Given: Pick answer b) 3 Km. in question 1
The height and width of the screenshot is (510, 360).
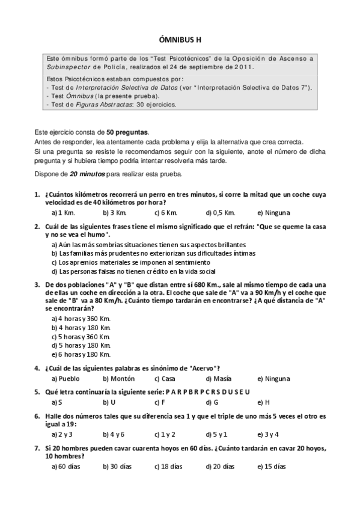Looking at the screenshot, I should point(115,212).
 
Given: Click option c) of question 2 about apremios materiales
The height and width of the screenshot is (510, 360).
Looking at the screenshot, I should point(131,262).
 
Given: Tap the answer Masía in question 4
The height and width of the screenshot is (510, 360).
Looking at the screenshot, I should point(221,379).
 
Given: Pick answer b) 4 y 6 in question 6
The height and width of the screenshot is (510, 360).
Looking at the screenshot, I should point(114,434).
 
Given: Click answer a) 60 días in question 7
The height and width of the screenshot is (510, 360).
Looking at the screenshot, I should point(66,467).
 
